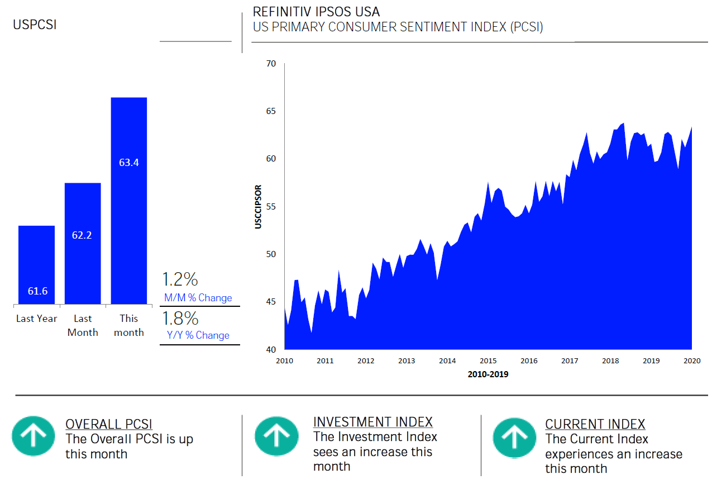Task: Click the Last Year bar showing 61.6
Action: coord(36,265)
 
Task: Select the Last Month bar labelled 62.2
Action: coord(83,243)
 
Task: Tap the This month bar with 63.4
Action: coord(129,201)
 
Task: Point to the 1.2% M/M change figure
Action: coord(180,279)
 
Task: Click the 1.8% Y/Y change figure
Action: coord(180,319)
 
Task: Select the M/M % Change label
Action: coord(198,298)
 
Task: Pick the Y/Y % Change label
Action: coord(198,335)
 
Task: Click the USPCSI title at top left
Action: coord(35,25)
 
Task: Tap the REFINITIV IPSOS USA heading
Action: coord(316,12)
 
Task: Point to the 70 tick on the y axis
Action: coord(271,64)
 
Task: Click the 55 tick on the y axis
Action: coord(271,207)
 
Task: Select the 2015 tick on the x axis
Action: coord(488,361)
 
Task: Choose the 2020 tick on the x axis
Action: coord(692,361)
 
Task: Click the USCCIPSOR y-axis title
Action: coord(258,207)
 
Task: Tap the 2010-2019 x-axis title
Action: coord(488,374)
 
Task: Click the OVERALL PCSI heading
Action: coord(109,424)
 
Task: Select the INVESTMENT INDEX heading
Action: coord(373,422)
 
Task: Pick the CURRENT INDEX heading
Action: coord(595,424)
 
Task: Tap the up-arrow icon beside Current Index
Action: coord(515,436)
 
